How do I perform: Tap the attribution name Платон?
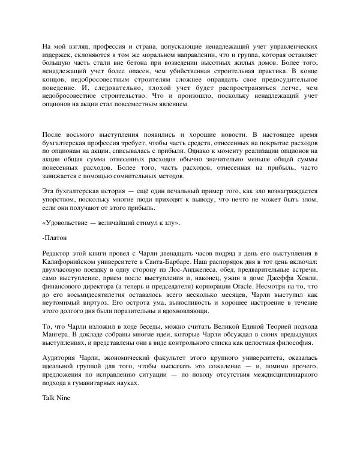[x=55, y=237]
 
